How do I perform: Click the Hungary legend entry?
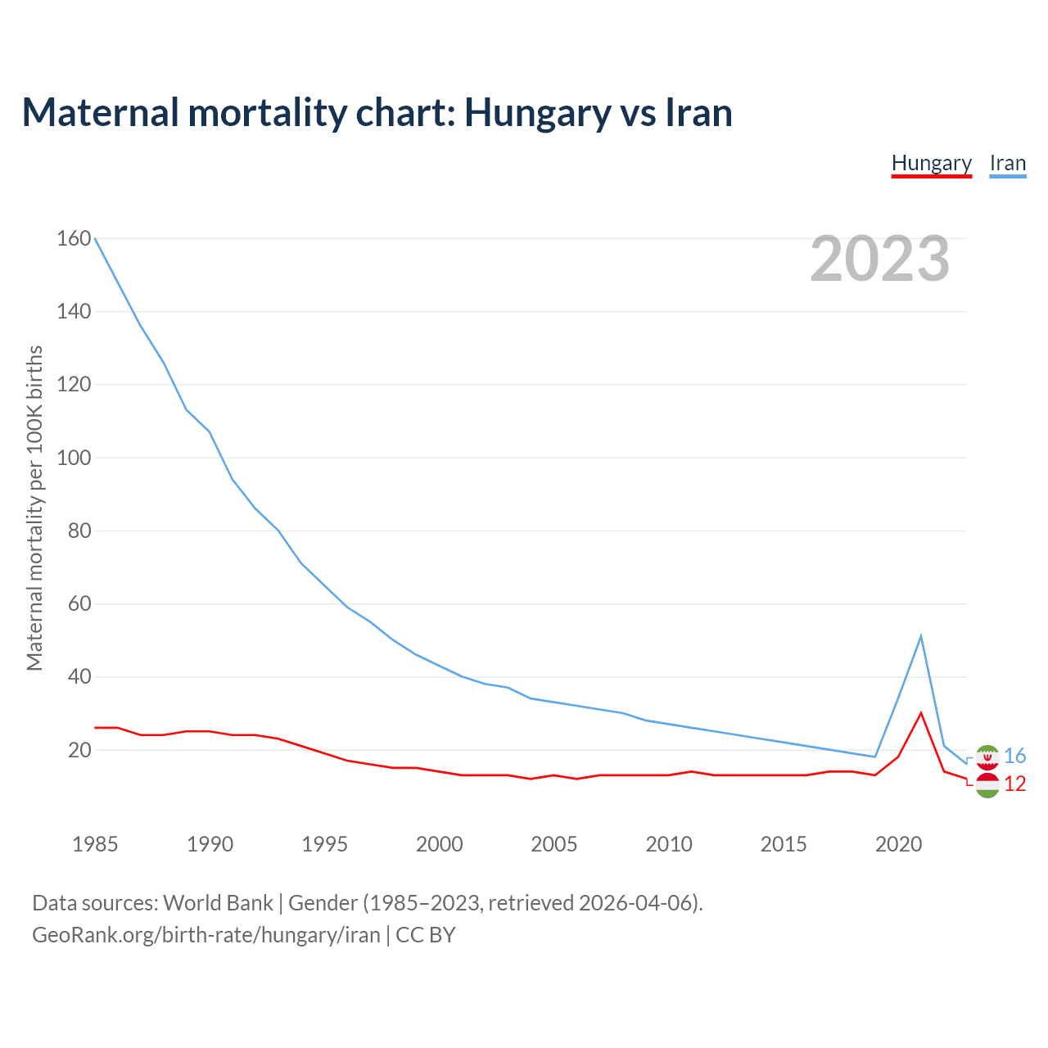point(931,164)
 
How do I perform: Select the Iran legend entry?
point(1007,164)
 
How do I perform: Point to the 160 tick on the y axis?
point(74,239)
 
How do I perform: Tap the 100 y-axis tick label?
point(74,458)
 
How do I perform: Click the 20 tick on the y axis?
point(79,750)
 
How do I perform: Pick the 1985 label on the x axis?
point(95,844)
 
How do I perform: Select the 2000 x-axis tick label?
point(439,844)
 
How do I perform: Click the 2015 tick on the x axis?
point(784,844)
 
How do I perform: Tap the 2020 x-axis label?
point(898,844)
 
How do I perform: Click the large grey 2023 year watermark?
point(879,259)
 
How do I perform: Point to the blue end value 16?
point(1014,756)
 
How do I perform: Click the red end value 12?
point(1014,784)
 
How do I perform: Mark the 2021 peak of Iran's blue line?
point(921,636)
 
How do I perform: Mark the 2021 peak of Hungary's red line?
point(921,713)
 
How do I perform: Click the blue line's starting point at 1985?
point(95,238)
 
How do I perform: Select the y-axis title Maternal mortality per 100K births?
point(34,508)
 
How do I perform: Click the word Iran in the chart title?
point(698,112)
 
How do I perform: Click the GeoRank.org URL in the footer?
point(206,935)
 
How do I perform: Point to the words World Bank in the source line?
point(218,903)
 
